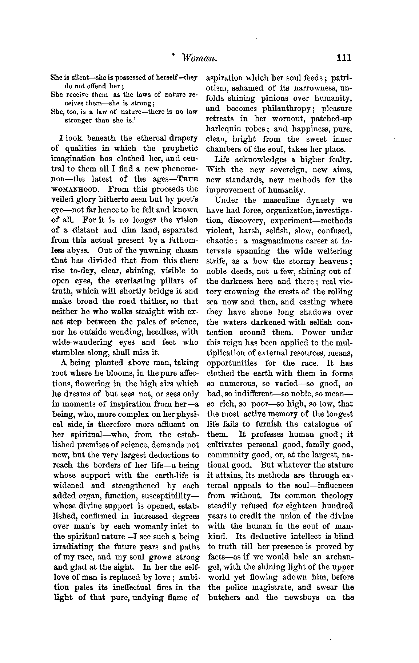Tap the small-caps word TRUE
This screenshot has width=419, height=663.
point(189,179)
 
